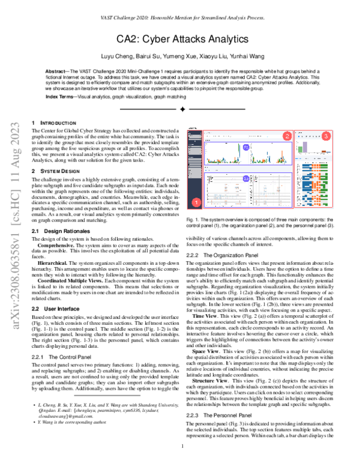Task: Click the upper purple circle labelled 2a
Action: point(245,147)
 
